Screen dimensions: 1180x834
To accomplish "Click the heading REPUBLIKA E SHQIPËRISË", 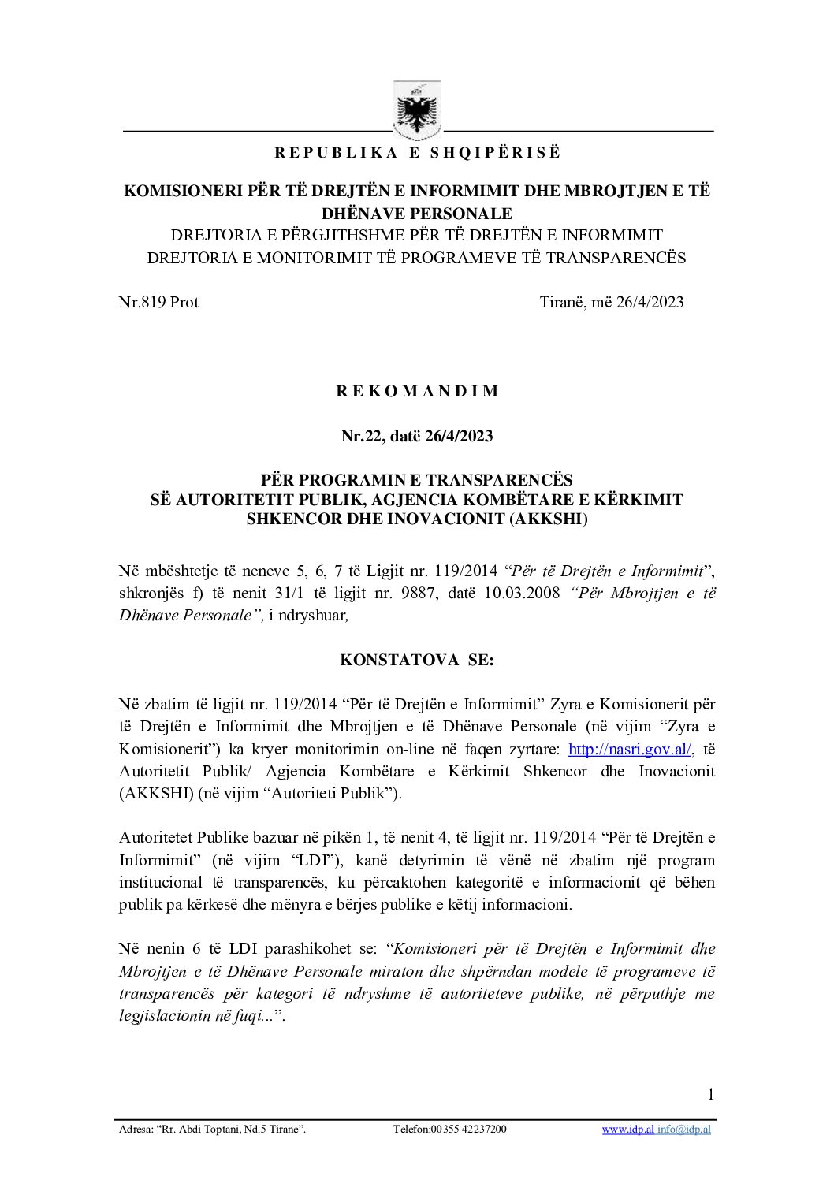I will point(417,153).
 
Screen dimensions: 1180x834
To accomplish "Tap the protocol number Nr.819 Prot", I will point(158,302).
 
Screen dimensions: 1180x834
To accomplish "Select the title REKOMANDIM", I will point(417,391).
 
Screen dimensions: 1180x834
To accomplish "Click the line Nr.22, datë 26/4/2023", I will point(417,435).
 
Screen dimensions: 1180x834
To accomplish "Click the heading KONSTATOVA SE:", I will point(417,660).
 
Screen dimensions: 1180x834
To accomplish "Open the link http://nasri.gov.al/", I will point(630,749).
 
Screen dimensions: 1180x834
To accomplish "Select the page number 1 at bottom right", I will point(710,1093).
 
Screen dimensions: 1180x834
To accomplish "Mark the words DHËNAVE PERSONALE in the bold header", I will point(417,213).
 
